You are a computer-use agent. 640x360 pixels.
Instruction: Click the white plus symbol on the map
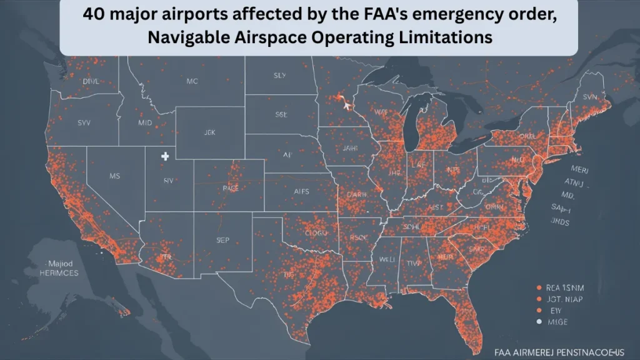[165, 156]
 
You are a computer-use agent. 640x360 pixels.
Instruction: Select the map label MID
[145, 123]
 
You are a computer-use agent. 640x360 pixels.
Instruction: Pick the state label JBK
[209, 132]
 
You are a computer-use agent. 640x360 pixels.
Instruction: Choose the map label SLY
[279, 76]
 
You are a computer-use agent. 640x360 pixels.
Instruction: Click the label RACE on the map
[231, 187]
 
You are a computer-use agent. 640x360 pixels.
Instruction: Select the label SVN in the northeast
[589, 97]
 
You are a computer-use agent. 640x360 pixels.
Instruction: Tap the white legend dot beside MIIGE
[538, 322]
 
